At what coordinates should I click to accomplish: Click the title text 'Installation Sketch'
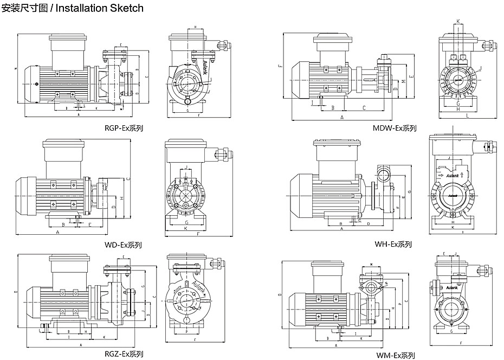[100, 8]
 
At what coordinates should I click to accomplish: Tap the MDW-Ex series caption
[395, 128]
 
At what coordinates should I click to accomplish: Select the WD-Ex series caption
[123, 245]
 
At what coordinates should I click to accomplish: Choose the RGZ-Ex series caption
[124, 354]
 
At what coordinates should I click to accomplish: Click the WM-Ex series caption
[396, 355]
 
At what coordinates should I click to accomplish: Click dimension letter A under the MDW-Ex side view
[342, 117]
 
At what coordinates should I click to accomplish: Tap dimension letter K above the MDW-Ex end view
[458, 21]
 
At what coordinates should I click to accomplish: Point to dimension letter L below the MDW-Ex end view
[467, 115]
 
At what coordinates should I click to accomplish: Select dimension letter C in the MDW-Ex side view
[364, 108]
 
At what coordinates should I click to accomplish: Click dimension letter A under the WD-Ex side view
[57, 232]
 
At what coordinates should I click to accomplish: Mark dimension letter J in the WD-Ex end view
[186, 167]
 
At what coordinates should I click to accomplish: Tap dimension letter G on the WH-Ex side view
[410, 191]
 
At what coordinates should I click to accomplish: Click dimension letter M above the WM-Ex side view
[371, 265]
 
